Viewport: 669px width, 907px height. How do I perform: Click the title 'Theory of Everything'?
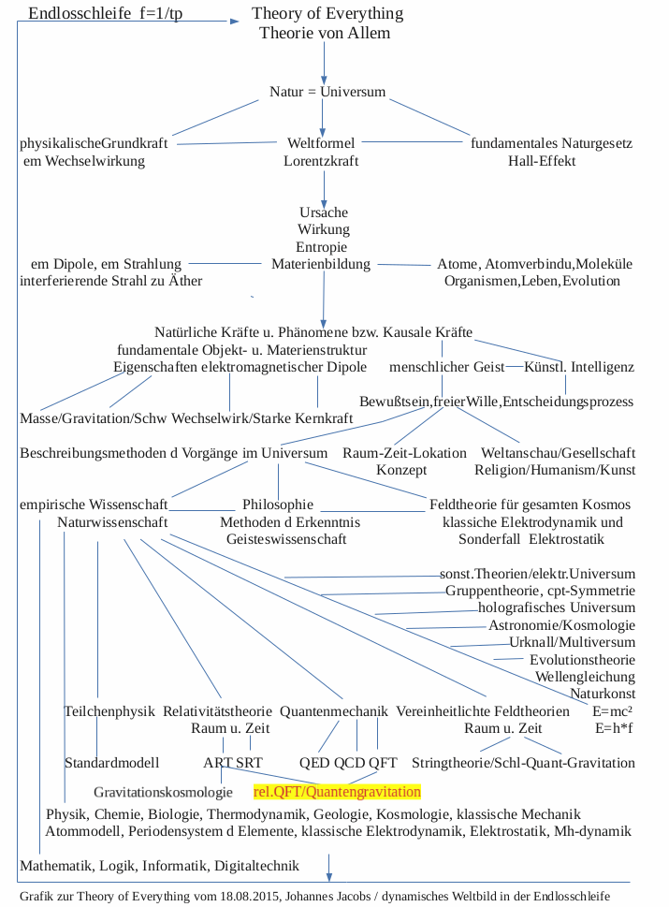coord(327,14)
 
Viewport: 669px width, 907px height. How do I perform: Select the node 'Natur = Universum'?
coord(327,93)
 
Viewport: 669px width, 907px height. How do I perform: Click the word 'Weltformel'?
coord(321,143)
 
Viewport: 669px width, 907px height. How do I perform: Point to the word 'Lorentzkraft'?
coord(321,161)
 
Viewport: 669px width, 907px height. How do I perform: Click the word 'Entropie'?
coord(323,246)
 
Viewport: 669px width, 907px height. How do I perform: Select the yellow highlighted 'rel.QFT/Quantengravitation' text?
coord(337,792)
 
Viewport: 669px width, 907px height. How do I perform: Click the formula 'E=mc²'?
coord(614,710)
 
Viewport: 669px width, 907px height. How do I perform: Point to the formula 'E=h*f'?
coord(614,727)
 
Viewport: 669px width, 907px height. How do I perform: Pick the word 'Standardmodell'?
coord(111,763)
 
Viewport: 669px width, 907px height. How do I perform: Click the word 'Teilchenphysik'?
coord(109,711)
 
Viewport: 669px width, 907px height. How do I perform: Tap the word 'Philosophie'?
coord(278,505)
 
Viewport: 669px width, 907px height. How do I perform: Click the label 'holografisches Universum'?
coord(557,607)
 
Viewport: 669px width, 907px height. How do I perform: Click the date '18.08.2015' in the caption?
coord(252,896)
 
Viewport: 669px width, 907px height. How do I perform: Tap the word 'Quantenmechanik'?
coord(332,711)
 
